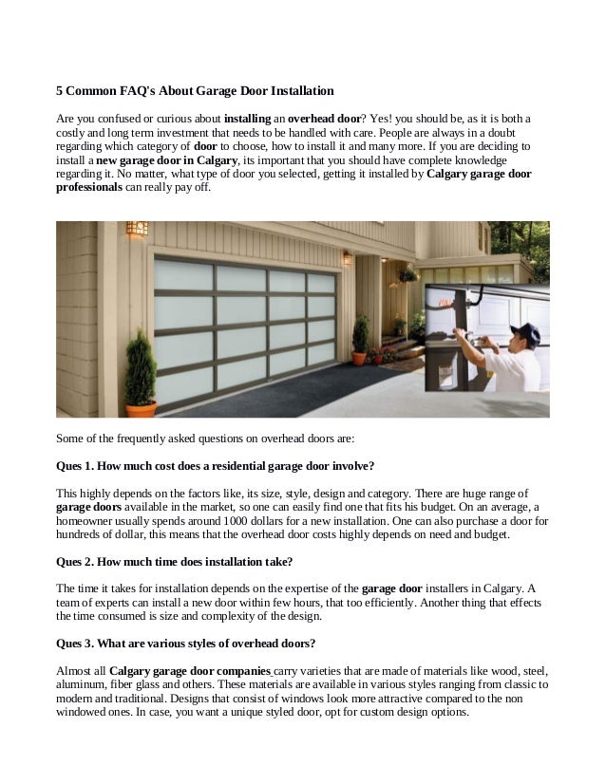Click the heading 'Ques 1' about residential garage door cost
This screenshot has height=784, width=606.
pyautogui.click(x=215, y=466)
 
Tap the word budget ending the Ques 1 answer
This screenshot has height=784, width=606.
pyautogui.click(x=490, y=534)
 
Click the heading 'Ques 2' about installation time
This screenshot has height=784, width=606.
pyautogui.click(x=175, y=561)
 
